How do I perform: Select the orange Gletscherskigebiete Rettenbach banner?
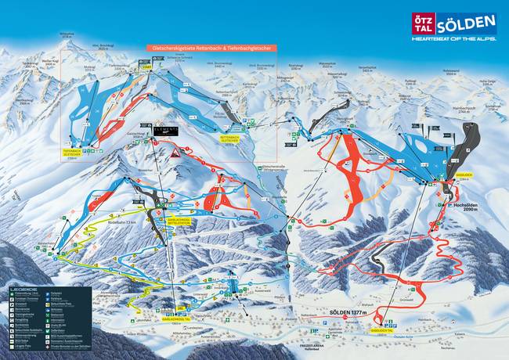pyautogui.click(x=207, y=49)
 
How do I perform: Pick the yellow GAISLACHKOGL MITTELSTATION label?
pyautogui.click(x=181, y=221)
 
